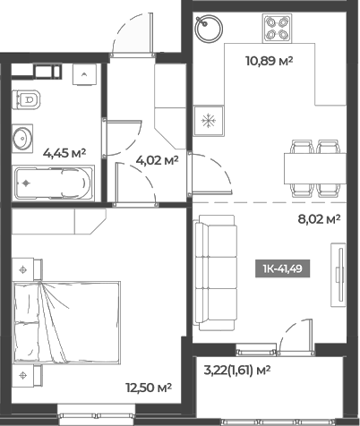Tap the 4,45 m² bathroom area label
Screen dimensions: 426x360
pyautogui.click(x=64, y=152)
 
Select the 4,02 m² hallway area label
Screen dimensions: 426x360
pyautogui.click(x=157, y=161)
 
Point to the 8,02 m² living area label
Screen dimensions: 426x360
pyautogui.click(x=320, y=217)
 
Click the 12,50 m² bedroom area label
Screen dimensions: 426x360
pyautogui.click(x=149, y=387)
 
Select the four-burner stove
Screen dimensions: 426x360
pyautogui.click(x=278, y=28)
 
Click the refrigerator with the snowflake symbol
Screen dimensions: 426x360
pyautogui.click(x=209, y=120)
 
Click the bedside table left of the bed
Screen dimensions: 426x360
pyautogui.click(x=26, y=267)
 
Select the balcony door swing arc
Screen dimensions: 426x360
pyautogui.click(x=294, y=336)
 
